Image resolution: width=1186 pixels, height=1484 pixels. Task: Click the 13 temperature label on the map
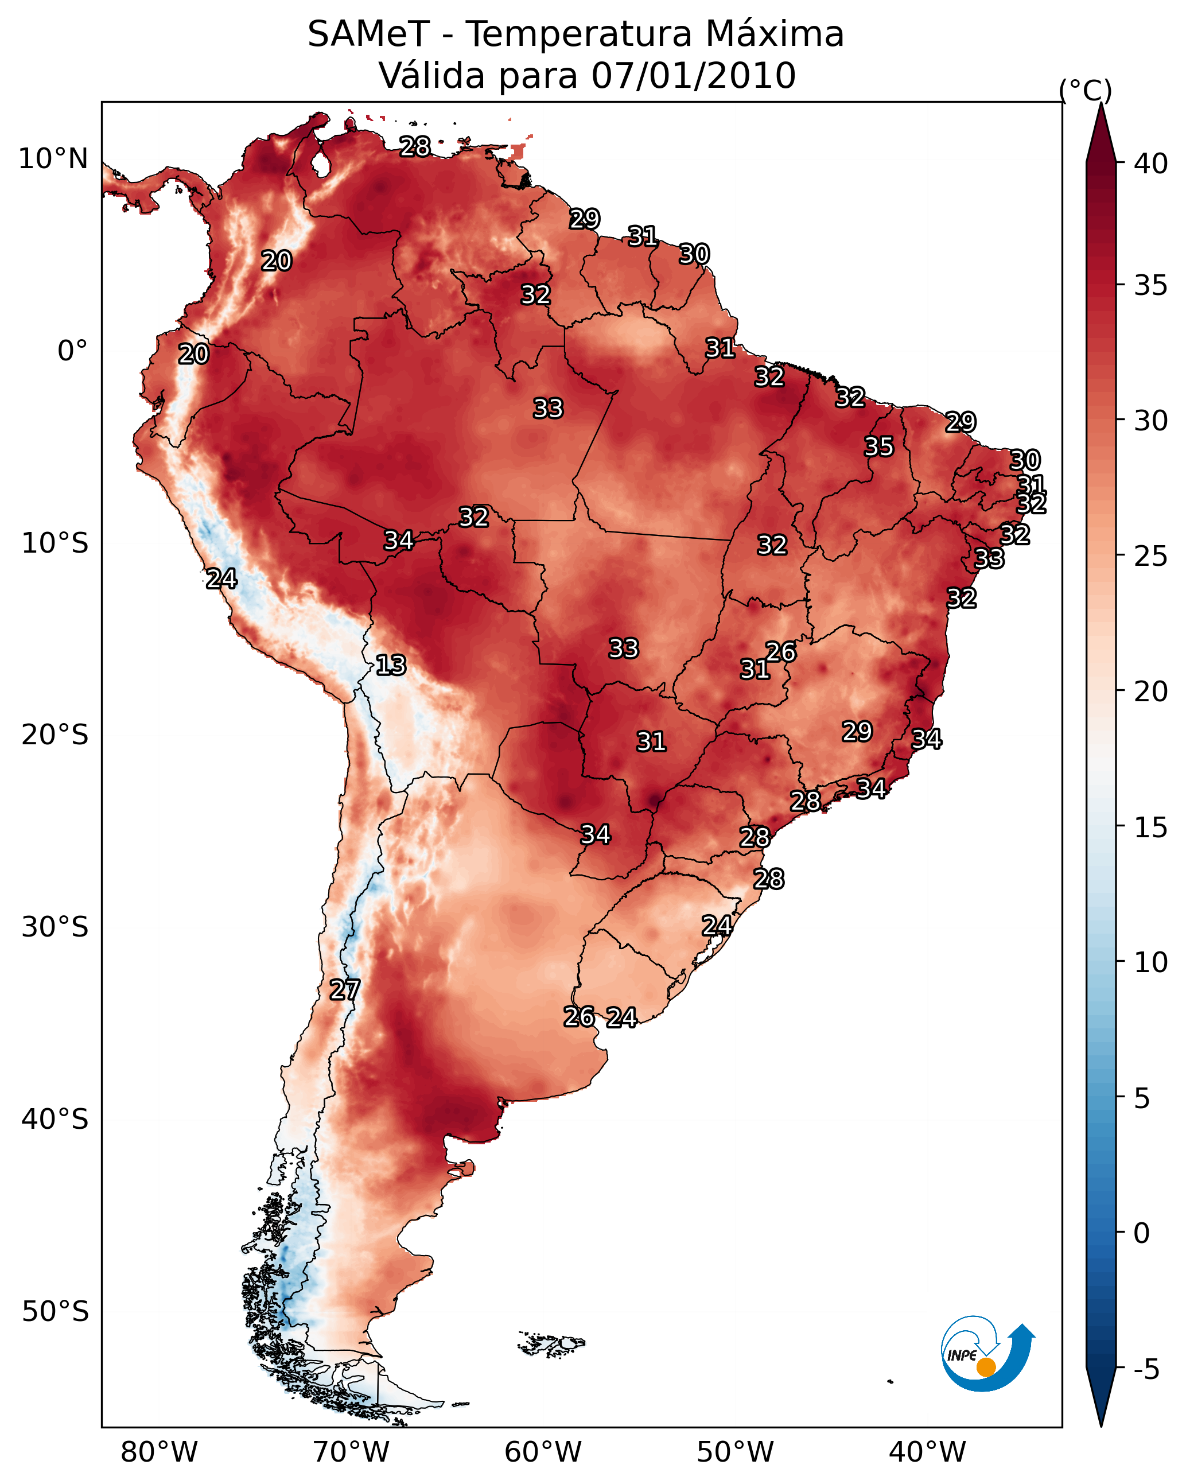click(391, 666)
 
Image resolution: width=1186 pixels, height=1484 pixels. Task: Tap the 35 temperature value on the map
click(879, 446)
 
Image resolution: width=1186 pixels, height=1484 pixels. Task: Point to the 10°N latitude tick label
click(53, 159)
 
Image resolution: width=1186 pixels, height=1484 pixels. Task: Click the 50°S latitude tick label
click(55, 1312)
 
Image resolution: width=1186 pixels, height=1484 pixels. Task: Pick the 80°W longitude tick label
click(159, 1452)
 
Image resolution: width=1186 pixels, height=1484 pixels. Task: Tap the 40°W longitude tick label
click(927, 1452)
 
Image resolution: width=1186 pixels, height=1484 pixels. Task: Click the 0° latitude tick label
click(72, 351)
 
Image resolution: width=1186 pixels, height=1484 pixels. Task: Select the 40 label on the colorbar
click(1151, 164)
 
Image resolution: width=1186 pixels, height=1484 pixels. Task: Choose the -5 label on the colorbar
click(1145, 1370)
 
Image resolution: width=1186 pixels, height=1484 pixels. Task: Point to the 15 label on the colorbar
click(1151, 828)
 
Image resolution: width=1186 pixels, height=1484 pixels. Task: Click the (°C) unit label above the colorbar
click(1086, 90)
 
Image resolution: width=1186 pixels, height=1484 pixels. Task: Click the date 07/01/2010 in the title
click(693, 76)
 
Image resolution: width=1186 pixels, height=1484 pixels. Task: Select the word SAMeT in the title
click(368, 34)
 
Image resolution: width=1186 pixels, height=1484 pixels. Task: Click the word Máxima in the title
click(775, 34)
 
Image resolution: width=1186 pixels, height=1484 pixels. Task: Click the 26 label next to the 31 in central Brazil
click(780, 652)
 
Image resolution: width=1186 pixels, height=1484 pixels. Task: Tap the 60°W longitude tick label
click(543, 1452)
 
